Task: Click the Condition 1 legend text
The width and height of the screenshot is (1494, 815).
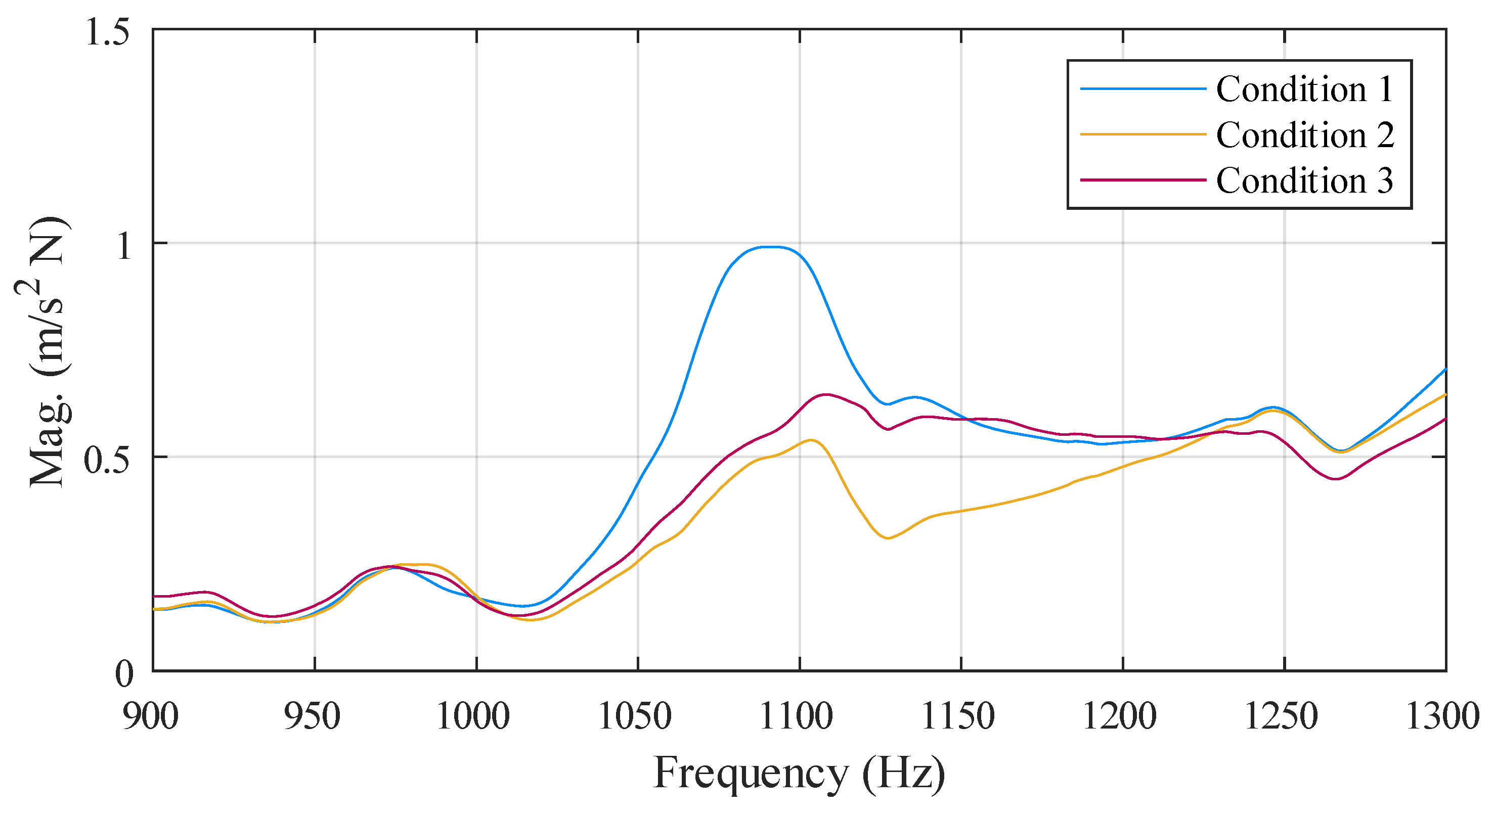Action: [1304, 89]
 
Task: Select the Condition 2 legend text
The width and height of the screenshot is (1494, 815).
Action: [1304, 135]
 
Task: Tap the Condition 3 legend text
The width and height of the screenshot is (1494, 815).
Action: [1304, 180]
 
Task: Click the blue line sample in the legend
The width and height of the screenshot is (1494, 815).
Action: [1143, 88]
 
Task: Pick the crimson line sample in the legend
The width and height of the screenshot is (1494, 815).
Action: [1143, 180]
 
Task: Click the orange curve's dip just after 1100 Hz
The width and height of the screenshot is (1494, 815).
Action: [888, 538]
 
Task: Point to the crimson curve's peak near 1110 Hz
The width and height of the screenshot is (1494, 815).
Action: [825, 394]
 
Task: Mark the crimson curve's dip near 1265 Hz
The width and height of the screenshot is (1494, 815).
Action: [1336, 479]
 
